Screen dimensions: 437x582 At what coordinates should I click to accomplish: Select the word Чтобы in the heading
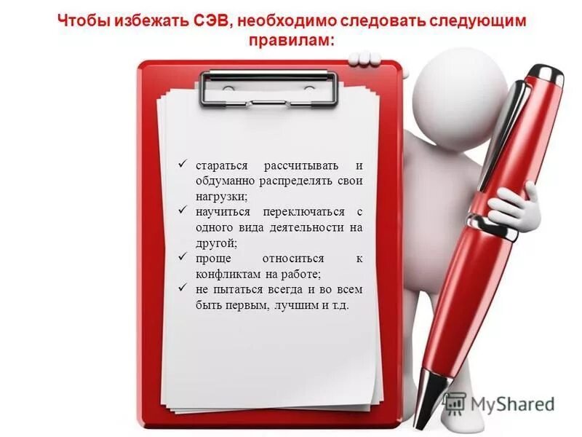(85, 21)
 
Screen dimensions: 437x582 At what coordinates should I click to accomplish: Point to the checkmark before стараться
(183, 165)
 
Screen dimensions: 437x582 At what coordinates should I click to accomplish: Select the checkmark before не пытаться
(183, 289)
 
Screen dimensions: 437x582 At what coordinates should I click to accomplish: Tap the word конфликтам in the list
(226, 275)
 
